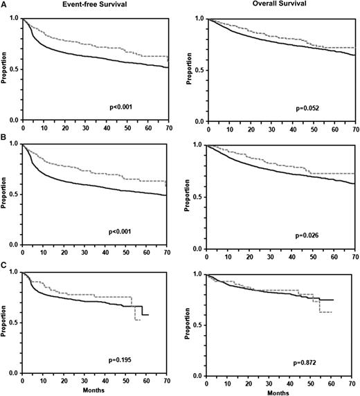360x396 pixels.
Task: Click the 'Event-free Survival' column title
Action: (67, 5)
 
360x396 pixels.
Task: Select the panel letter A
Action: (3, 10)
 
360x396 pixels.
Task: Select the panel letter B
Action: (3, 136)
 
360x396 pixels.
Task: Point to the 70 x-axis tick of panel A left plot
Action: (168, 129)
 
